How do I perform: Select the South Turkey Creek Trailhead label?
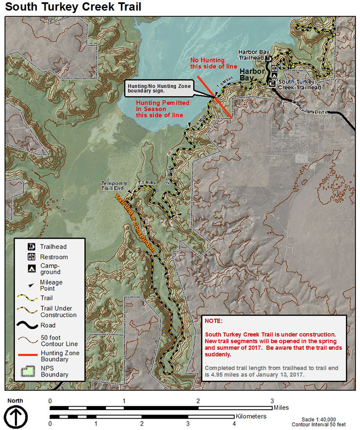pos(300,85)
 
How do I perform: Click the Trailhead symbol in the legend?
pos(31,247)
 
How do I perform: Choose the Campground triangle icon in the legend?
pos(31,269)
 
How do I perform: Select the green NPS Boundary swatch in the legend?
pos(28,371)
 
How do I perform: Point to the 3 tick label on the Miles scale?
pos(272,401)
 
